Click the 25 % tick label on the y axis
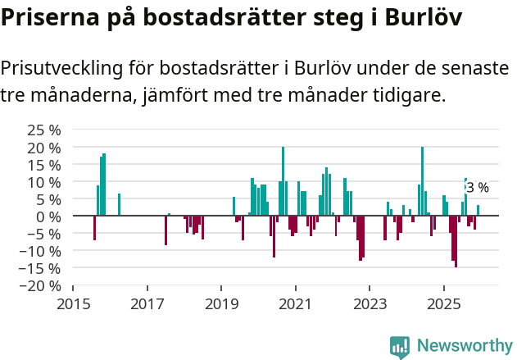[x=44, y=130]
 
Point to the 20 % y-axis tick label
[x=44, y=148]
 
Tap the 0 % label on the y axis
[x=49, y=216]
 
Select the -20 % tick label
[x=42, y=285]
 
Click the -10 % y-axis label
[x=42, y=251]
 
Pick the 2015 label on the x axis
[x=73, y=303]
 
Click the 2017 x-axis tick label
[x=147, y=303]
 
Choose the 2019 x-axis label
[x=221, y=303]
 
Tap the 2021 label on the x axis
[x=295, y=303]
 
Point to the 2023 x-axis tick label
[x=370, y=303]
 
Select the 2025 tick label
[x=443, y=303]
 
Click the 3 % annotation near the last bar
[x=478, y=188]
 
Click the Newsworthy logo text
[x=464, y=345]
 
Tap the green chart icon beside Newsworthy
[x=400, y=346]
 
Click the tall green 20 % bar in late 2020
[x=283, y=181]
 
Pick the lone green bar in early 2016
[x=119, y=204]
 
